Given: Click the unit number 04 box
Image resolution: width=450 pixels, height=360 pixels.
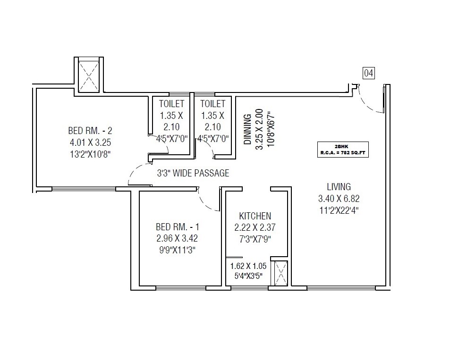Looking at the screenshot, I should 368,73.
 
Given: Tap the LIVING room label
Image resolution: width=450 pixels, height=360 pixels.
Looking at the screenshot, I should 338,187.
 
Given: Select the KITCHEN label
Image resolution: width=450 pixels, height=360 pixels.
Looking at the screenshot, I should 255,216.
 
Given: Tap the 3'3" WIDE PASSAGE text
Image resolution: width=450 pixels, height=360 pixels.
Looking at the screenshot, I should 193,173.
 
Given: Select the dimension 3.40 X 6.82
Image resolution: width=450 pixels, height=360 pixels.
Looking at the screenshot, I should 339,199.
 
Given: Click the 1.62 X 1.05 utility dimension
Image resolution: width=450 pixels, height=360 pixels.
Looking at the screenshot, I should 248,266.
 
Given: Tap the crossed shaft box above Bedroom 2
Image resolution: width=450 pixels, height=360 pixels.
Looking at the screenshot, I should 88,75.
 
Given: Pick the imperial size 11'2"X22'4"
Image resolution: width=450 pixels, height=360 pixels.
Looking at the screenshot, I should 339,210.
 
